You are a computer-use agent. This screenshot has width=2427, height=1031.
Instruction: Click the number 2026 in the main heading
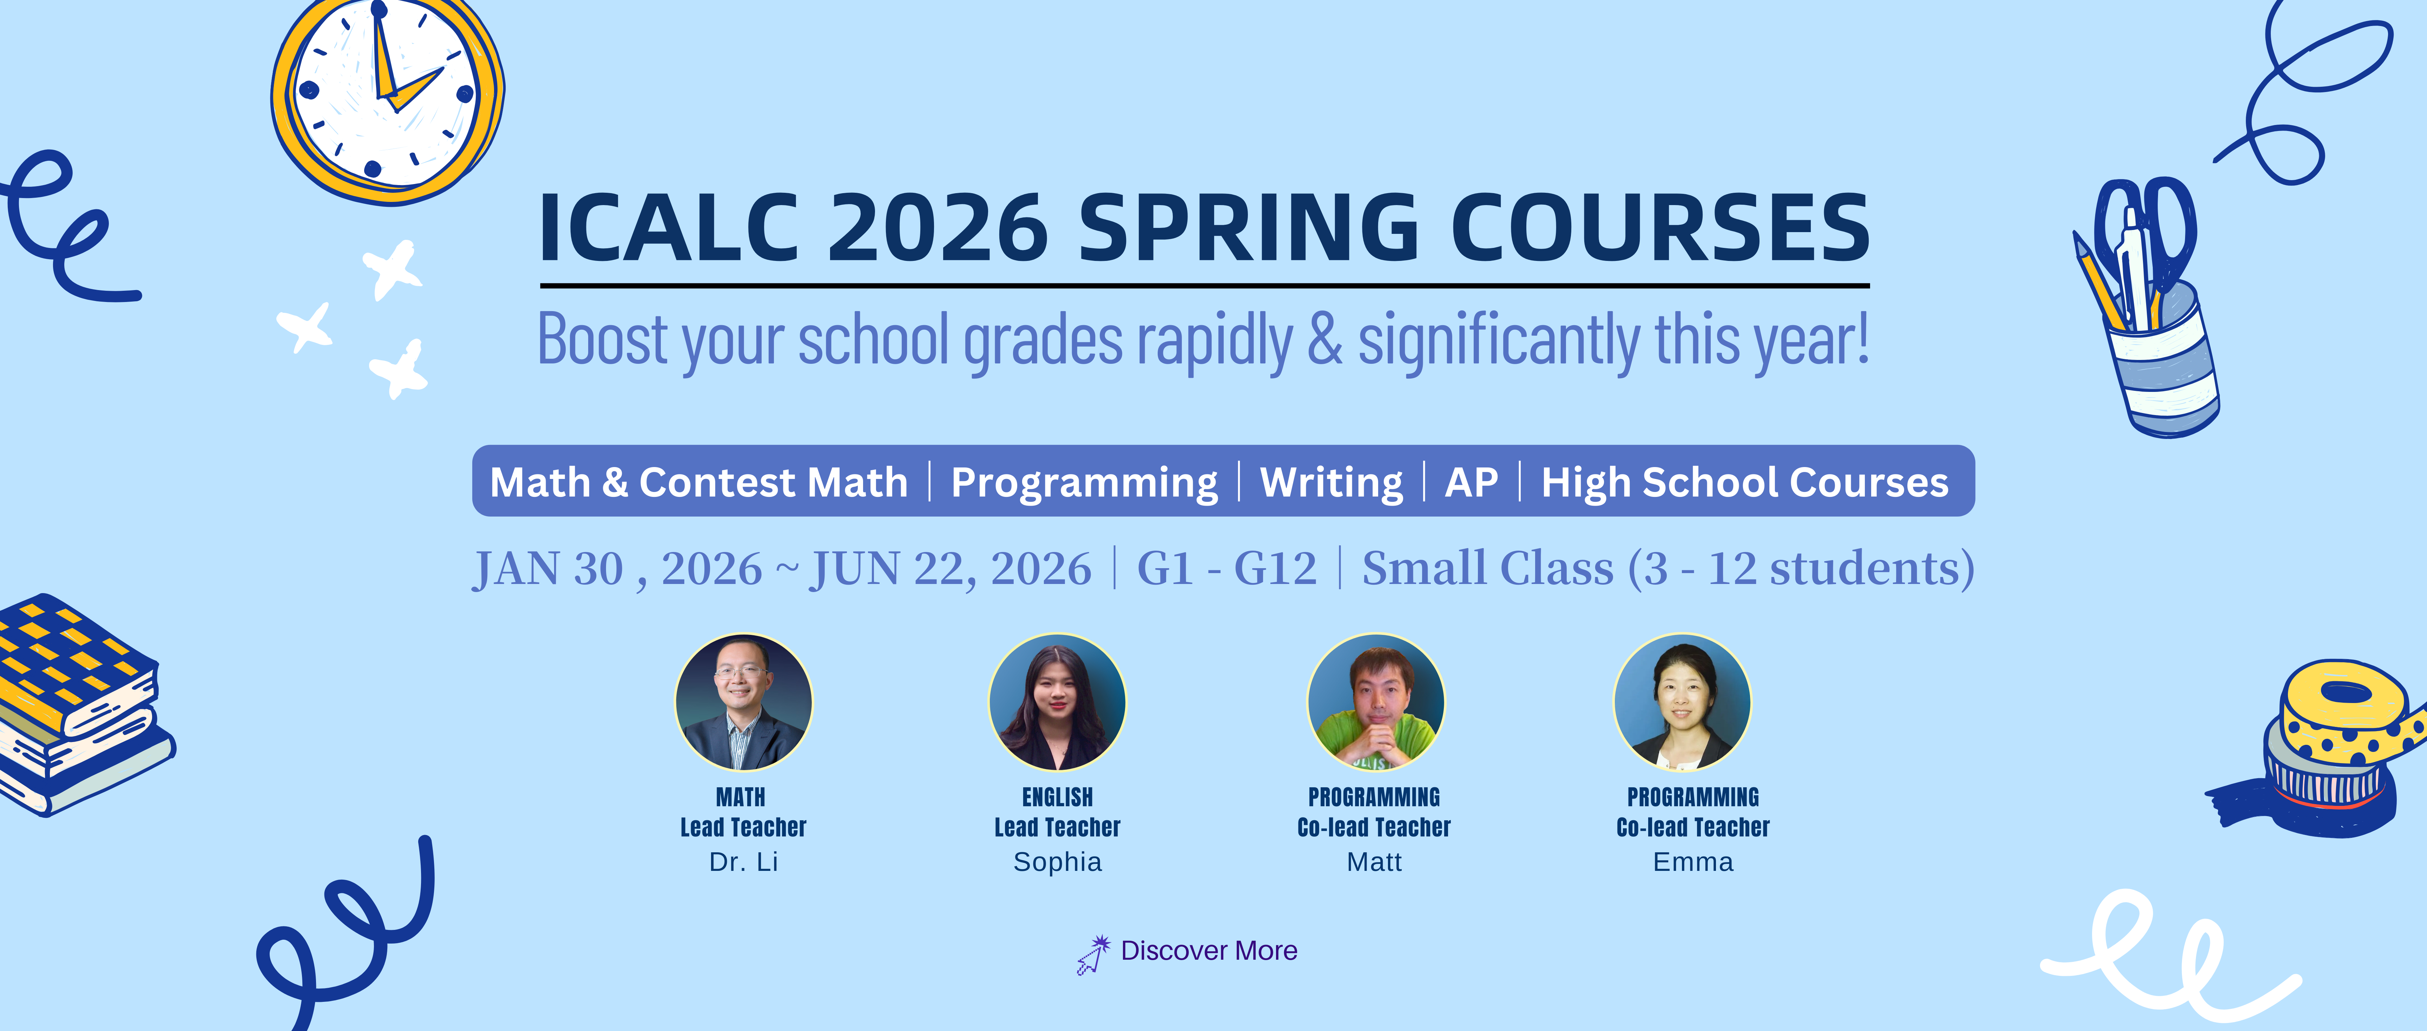pos(938,229)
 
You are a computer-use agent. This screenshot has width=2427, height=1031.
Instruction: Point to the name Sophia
pos(1057,861)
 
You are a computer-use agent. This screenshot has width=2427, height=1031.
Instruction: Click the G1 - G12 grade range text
pos(1227,568)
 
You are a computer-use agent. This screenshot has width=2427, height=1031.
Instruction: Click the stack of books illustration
pos(80,702)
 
